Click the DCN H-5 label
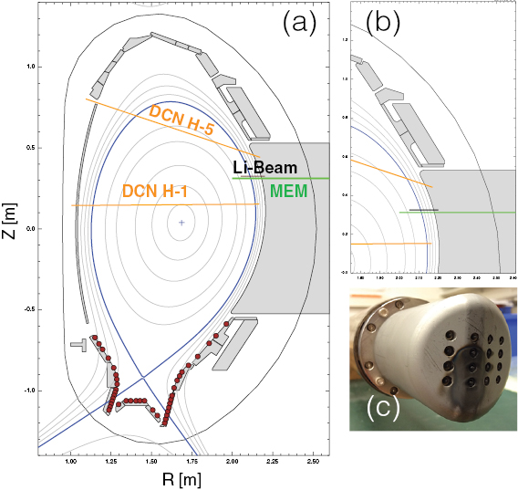[x=193, y=121]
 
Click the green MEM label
[x=290, y=192]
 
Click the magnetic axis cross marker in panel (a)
[x=182, y=222]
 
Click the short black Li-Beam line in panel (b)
[x=423, y=210]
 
